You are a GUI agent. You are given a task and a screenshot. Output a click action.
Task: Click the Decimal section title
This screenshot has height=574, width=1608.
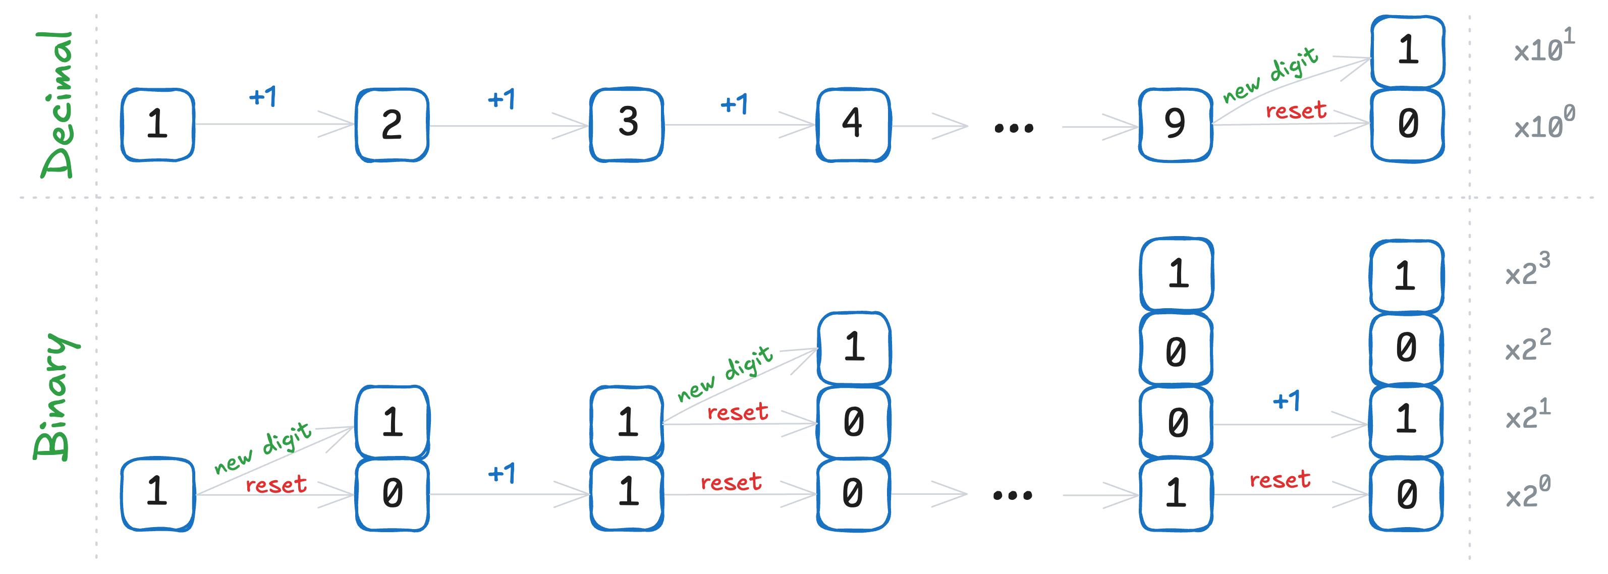[58, 105]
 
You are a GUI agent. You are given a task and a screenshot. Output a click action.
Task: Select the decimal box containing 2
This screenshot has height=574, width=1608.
[392, 125]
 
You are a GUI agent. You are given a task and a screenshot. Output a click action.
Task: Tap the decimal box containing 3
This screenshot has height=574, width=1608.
[627, 125]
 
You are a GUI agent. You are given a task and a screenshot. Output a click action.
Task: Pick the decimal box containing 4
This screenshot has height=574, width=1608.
[853, 125]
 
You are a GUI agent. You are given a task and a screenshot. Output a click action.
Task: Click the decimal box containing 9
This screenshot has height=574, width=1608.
[1175, 125]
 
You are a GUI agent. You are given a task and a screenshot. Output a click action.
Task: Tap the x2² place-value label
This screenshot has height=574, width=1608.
[1527, 347]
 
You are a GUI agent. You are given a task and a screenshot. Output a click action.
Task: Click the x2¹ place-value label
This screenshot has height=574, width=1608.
[1527, 415]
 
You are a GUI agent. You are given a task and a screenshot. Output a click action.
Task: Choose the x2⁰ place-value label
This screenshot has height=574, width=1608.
[1527, 493]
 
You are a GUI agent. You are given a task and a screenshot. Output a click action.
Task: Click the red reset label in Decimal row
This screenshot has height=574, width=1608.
[1295, 111]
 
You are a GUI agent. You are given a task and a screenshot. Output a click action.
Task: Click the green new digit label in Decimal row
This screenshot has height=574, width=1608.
[1270, 75]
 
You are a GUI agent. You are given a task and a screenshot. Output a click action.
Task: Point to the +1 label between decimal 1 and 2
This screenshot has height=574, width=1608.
[262, 97]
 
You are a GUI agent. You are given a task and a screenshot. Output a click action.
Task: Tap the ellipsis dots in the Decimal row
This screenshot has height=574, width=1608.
[1014, 129]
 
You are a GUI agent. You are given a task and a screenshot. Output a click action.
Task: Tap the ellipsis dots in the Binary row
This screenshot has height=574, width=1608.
[1013, 495]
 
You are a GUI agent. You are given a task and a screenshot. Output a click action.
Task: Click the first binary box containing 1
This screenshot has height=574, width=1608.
[157, 493]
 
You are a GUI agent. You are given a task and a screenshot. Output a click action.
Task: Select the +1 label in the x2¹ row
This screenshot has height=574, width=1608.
[1286, 400]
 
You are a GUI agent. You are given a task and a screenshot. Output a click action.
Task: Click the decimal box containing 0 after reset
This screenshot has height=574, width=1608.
[1407, 125]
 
